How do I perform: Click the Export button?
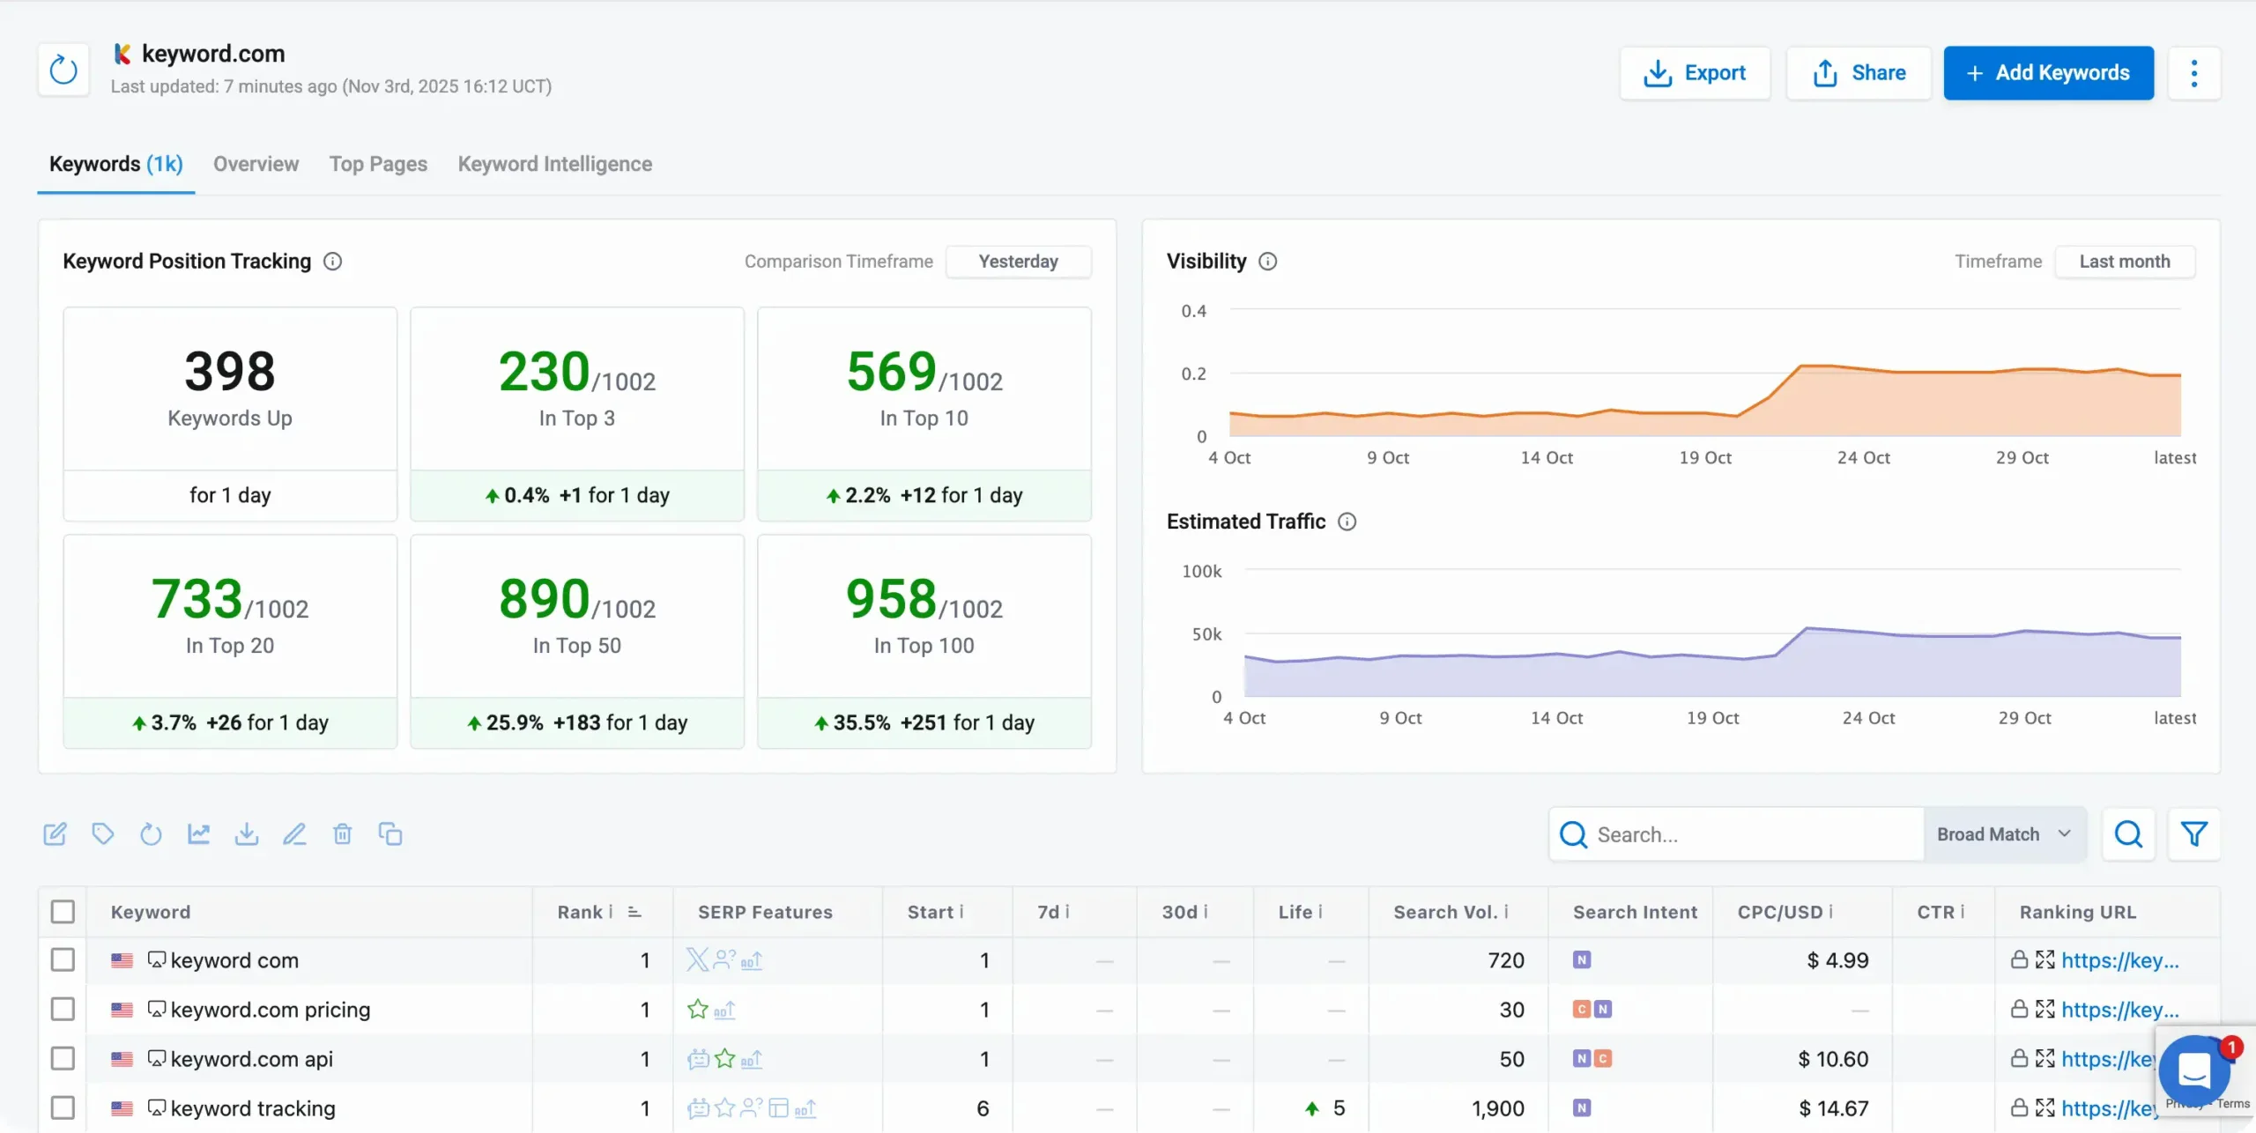(1694, 73)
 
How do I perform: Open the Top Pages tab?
(378, 164)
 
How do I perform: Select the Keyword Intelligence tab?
(554, 164)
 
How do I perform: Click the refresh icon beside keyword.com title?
(63, 70)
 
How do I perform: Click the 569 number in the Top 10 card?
(891, 372)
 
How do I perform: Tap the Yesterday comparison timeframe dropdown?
(1018, 262)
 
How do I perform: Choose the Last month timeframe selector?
(2124, 262)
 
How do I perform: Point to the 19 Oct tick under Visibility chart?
(1704, 458)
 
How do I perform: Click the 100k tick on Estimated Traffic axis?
(1201, 572)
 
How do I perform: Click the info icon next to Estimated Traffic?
(1347, 522)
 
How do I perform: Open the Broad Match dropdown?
(2003, 834)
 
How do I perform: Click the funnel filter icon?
(2193, 834)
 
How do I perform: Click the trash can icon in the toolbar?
(342, 834)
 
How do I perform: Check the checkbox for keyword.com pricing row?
(63, 1010)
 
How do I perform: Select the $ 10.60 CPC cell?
(1832, 1059)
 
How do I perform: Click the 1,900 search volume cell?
(1497, 1108)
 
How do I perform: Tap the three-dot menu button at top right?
(2193, 73)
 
